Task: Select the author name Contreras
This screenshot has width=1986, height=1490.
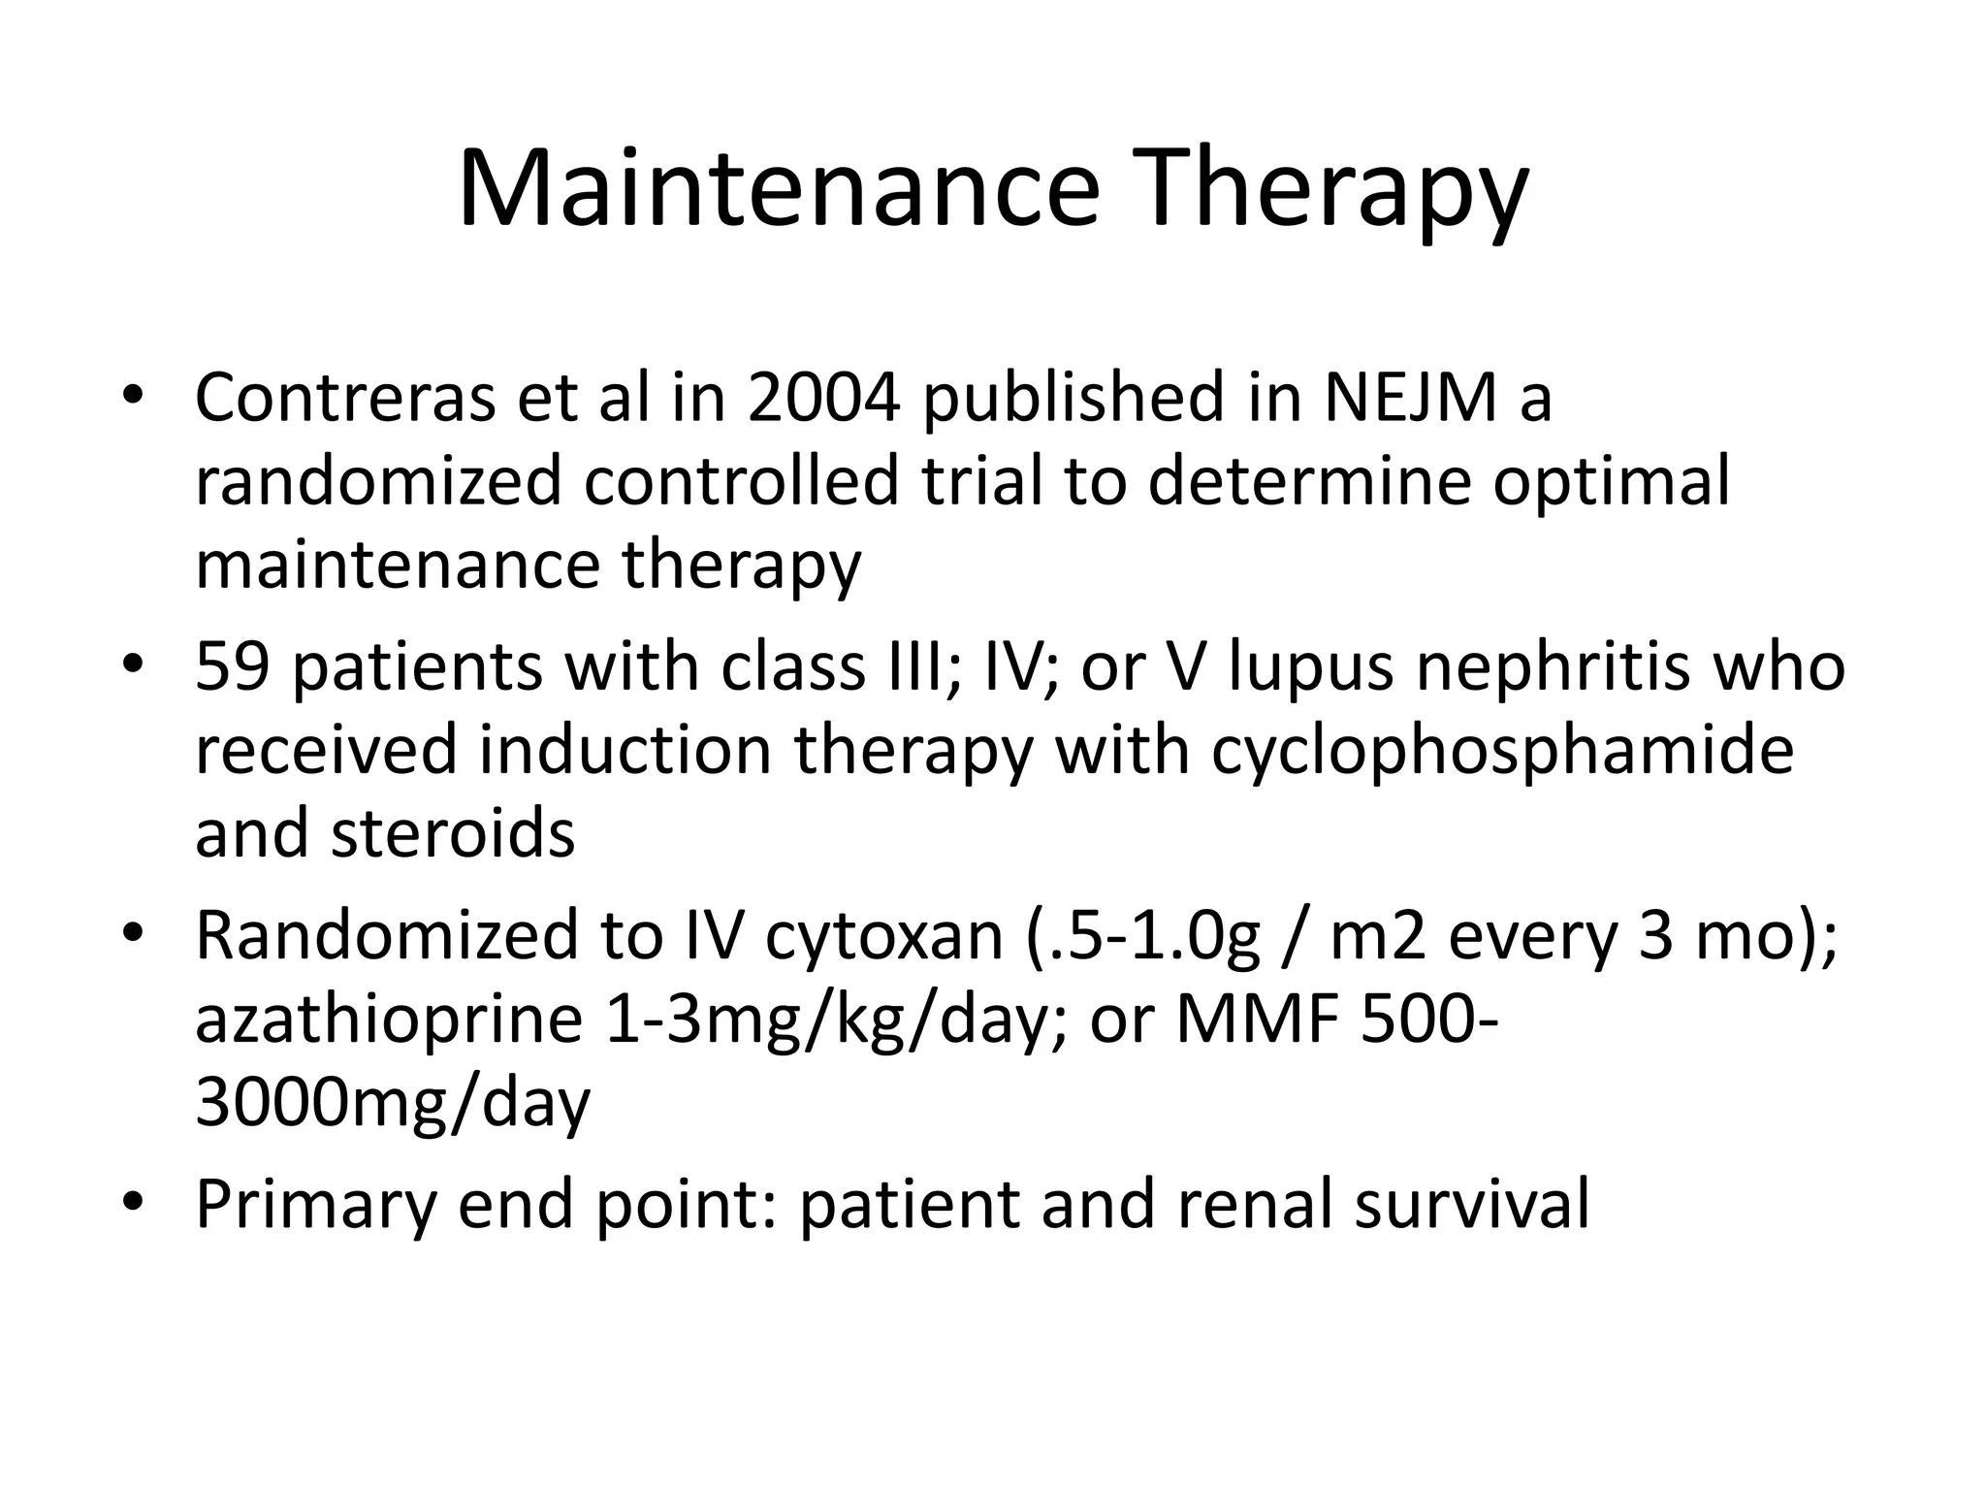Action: point(345,398)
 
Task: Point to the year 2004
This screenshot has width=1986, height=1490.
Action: point(824,398)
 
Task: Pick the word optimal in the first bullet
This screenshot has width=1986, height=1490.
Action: point(1611,481)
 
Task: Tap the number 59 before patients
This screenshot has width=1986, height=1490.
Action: point(232,667)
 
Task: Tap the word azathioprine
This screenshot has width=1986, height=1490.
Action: point(389,1020)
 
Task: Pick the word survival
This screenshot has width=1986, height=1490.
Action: point(1471,1204)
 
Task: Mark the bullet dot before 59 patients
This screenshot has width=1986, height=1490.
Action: point(133,667)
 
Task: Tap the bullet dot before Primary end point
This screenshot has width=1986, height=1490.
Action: point(133,1204)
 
